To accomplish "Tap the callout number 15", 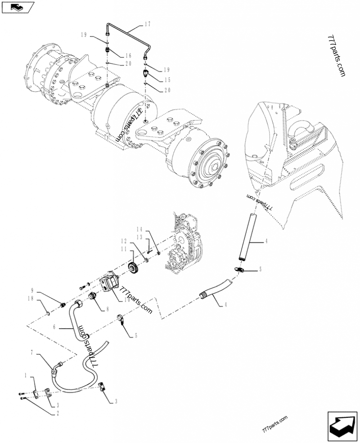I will (x=166, y=79).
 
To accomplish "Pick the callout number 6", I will (x=54, y=327).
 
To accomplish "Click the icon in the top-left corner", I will (x=18, y=7).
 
